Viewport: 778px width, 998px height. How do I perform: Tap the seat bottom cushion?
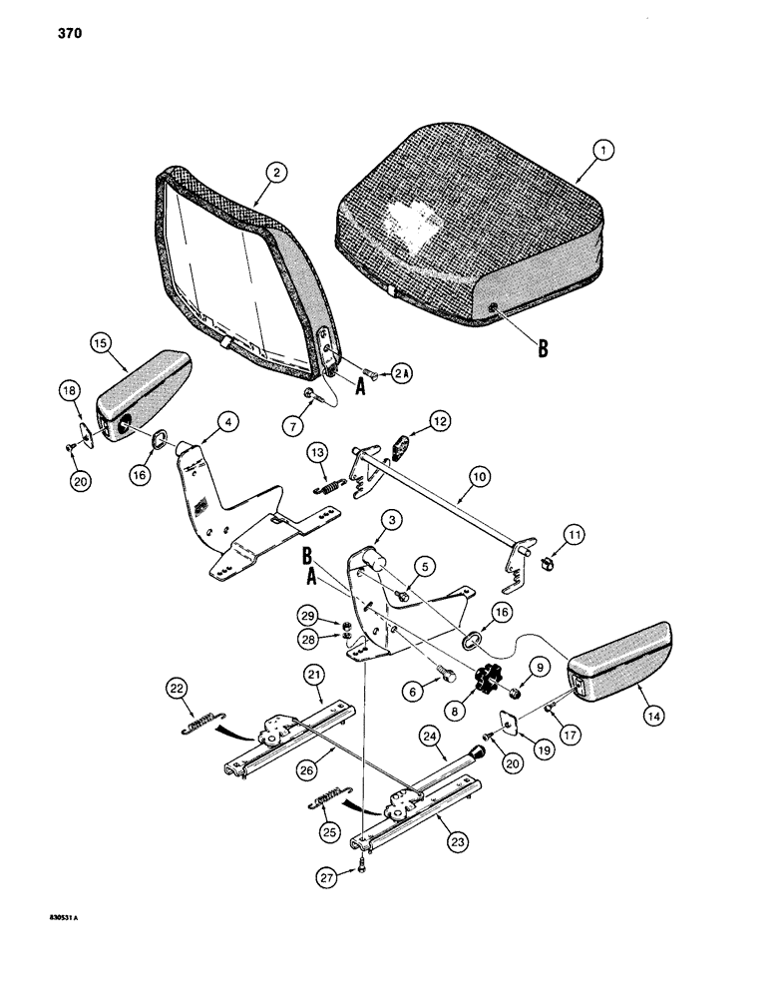pos(469,240)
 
